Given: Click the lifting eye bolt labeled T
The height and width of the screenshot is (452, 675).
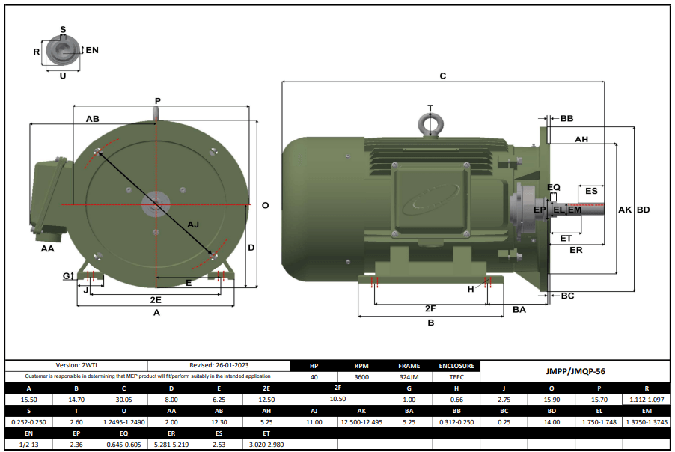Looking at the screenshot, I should (x=430, y=123).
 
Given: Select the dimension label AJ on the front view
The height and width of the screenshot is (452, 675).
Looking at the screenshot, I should (x=193, y=224).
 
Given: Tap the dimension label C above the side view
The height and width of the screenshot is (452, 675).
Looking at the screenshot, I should (x=442, y=76).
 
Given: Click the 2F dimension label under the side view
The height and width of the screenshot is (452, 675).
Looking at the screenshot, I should (x=430, y=308).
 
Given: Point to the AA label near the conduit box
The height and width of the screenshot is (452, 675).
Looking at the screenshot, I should (x=47, y=248).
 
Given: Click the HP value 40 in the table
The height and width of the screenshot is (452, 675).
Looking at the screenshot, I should (x=314, y=377).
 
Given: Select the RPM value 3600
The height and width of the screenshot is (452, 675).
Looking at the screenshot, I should (x=361, y=377).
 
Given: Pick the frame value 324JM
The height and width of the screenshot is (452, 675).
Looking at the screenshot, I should (x=409, y=377).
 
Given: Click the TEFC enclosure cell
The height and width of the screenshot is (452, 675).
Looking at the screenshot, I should (x=456, y=377).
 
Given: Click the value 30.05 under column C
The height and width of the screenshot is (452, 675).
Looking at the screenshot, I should (x=123, y=400).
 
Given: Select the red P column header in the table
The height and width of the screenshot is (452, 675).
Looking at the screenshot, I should (x=599, y=389).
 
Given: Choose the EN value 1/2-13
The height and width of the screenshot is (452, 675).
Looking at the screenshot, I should (x=29, y=445).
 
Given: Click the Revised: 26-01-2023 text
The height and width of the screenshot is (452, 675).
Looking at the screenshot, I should (x=219, y=365).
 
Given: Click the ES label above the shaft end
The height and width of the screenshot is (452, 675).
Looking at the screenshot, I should (x=591, y=191).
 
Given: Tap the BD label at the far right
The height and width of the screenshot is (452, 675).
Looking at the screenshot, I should (x=643, y=210).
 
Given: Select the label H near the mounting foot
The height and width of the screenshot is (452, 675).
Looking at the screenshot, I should (x=471, y=288).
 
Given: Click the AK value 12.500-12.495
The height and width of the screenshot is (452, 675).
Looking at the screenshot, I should (x=361, y=423).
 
